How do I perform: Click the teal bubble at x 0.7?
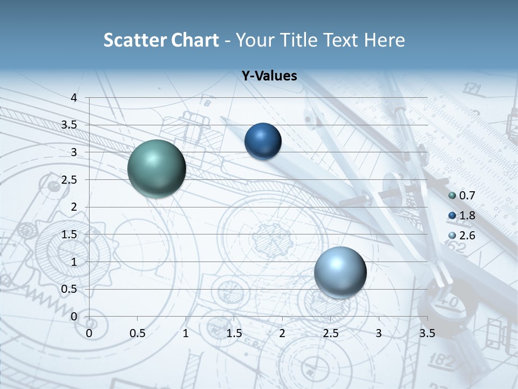point(156,169)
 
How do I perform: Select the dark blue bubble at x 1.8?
point(263,141)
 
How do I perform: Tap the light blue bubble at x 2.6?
point(340,272)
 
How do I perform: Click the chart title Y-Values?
point(269,76)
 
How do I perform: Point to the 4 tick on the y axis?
point(74,98)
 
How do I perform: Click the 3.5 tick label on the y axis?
point(70,125)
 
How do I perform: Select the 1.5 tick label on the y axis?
point(70,234)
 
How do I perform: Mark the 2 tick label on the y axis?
point(74,207)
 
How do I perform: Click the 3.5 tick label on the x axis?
point(427,333)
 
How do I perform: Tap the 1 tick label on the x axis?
point(186,333)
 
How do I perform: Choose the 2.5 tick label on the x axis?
point(330,333)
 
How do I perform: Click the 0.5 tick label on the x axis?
point(138,333)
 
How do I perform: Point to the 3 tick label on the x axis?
point(379,333)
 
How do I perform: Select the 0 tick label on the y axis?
point(74,317)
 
